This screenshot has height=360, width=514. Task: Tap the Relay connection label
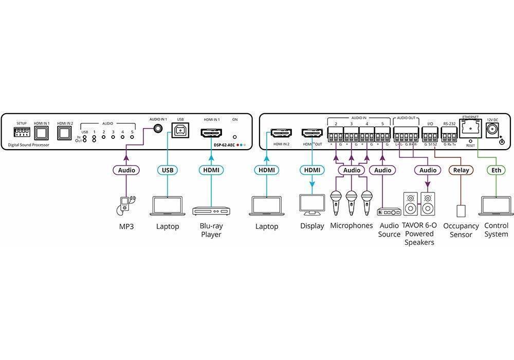(x=461, y=170)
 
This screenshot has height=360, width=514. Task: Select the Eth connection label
(x=495, y=170)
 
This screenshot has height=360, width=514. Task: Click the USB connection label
(x=167, y=170)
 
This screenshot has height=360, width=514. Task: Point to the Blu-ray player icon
(x=211, y=211)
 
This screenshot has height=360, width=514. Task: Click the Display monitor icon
(x=312, y=205)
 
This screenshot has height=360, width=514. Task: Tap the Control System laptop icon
(x=495, y=206)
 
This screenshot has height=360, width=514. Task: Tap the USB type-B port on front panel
(x=180, y=132)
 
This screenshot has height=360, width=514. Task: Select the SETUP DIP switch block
(x=22, y=133)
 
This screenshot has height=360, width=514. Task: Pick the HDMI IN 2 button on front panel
(x=65, y=134)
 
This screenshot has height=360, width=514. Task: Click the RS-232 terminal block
(x=449, y=137)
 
